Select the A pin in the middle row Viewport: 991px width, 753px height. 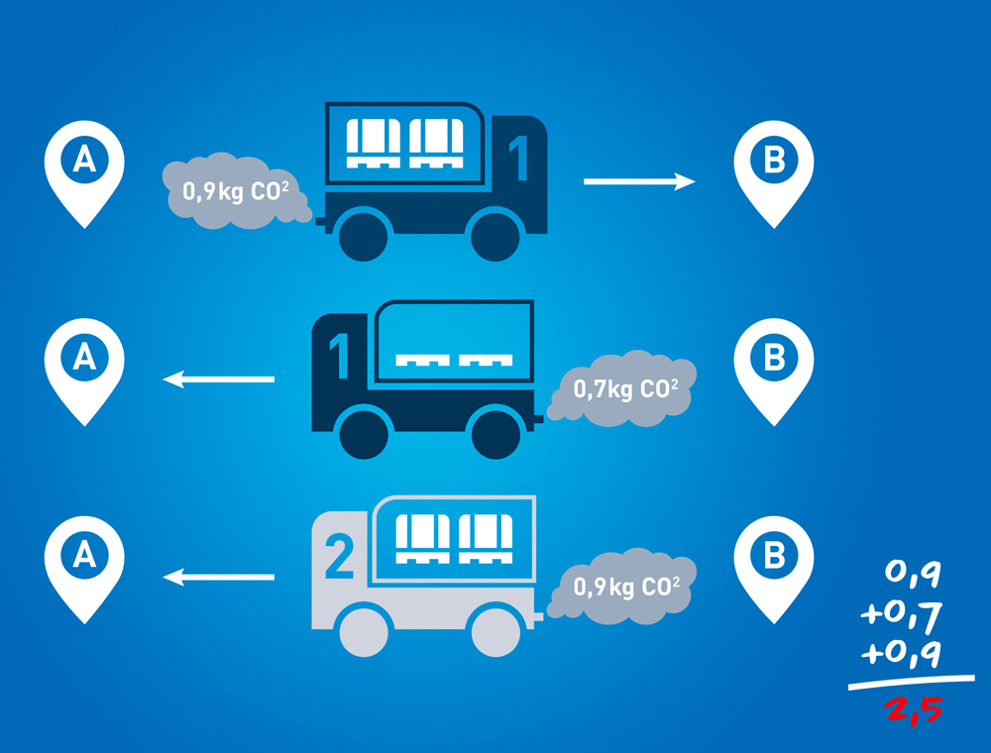(84, 362)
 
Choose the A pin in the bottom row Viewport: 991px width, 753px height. (84, 560)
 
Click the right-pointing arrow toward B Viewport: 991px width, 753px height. (639, 181)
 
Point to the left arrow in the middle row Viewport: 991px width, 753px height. (218, 378)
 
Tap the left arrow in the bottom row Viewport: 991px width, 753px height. (218, 576)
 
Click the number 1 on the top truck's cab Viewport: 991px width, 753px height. (517, 160)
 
